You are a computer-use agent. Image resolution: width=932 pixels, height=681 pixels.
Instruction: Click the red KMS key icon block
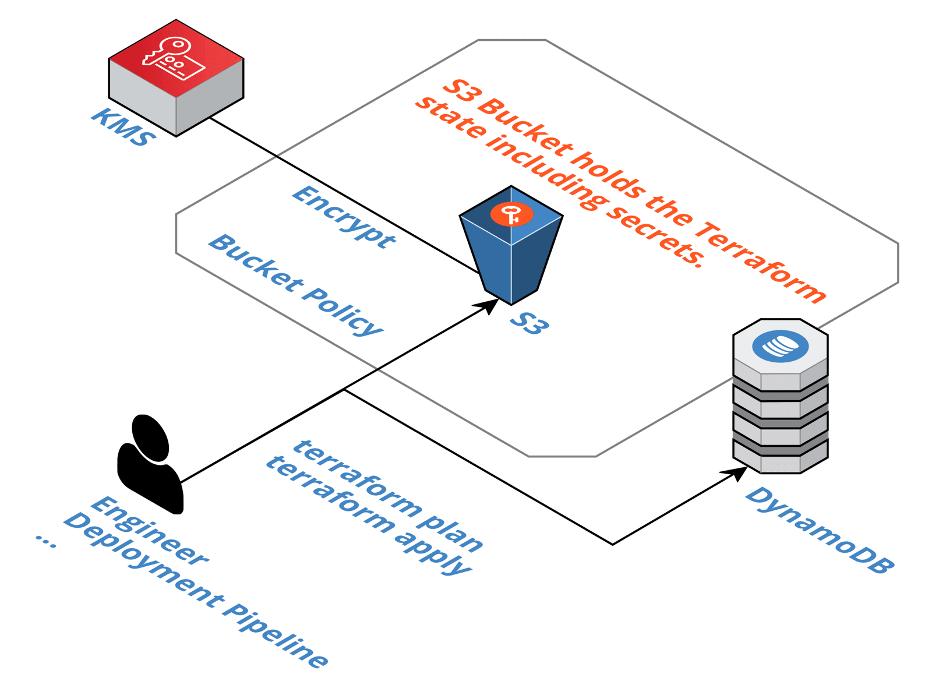pyautogui.click(x=176, y=76)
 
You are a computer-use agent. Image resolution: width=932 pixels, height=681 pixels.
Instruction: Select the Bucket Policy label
pyautogui.click(x=295, y=285)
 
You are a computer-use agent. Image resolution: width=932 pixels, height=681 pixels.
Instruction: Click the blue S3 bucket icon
pyautogui.click(x=511, y=250)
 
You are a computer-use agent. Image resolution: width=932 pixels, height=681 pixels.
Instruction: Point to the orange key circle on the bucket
pyautogui.click(x=511, y=214)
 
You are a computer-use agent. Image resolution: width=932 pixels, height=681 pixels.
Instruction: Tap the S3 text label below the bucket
pyautogui.click(x=529, y=323)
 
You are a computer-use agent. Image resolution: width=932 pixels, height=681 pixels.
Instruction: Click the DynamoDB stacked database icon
pyautogui.click(x=780, y=402)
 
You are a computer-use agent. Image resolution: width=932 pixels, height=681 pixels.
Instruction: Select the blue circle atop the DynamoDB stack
pyautogui.click(x=780, y=346)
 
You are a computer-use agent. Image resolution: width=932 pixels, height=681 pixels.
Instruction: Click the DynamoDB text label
pyautogui.click(x=820, y=530)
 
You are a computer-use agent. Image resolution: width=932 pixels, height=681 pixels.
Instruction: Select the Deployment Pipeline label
pyautogui.click(x=195, y=590)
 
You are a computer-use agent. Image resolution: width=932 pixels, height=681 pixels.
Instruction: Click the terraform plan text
pyautogui.click(x=387, y=496)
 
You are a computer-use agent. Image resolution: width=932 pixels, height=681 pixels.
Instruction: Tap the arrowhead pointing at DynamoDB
pyautogui.click(x=736, y=472)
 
